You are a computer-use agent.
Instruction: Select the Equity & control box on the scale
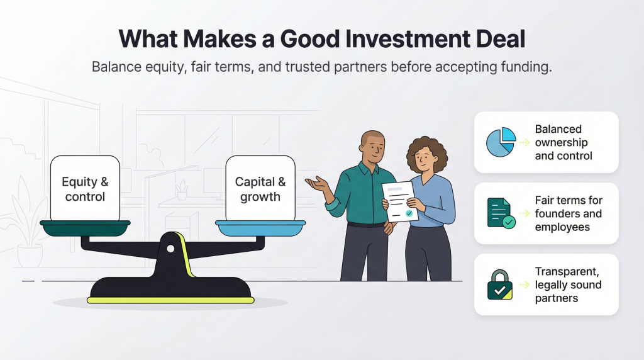click(x=85, y=188)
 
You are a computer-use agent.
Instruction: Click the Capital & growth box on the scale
click(x=260, y=188)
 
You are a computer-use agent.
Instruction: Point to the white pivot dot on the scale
click(x=170, y=249)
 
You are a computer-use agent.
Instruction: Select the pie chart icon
click(x=501, y=142)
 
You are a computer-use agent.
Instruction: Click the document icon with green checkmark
click(x=501, y=213)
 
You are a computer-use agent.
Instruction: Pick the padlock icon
click(x=500, y=284)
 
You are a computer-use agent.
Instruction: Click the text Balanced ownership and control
click(x=563, y=142)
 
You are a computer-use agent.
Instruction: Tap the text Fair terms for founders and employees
click(x=568, y=213)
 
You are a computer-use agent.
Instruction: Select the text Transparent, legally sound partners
click(x=568, y=284)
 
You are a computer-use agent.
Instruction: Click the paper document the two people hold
click(x=400, y=201)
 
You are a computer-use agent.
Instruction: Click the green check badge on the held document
click(x=409, y=214)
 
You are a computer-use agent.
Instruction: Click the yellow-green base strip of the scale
click(x=170, y=300)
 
